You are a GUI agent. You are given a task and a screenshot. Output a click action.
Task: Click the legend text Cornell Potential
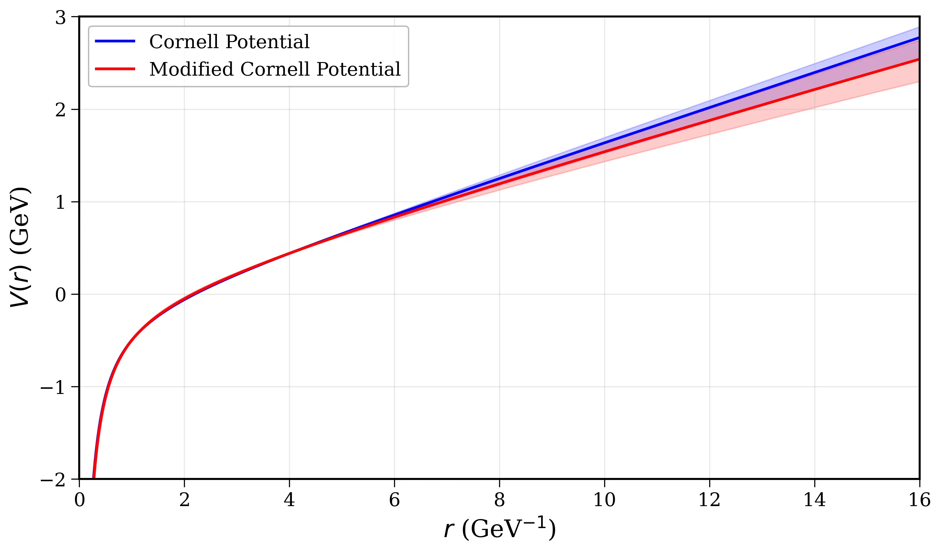(x=229, y=41)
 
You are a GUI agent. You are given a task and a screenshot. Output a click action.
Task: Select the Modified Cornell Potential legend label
(x=274, y=69)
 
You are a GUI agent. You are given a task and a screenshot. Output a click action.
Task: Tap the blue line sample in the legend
(x=115, y=41)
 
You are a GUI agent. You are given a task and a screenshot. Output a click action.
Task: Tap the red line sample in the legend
(x=115, y=69)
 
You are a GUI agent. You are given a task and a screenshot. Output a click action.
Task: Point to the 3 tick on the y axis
(x=60, y=17)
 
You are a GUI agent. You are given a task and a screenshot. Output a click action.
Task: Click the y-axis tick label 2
(x=60, y=110)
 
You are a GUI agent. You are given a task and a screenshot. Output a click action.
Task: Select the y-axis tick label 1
(x=60, y=202)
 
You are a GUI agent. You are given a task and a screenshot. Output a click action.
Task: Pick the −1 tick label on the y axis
(x=53, y=387)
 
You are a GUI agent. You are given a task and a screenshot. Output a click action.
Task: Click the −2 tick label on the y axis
(x=53, y=480)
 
